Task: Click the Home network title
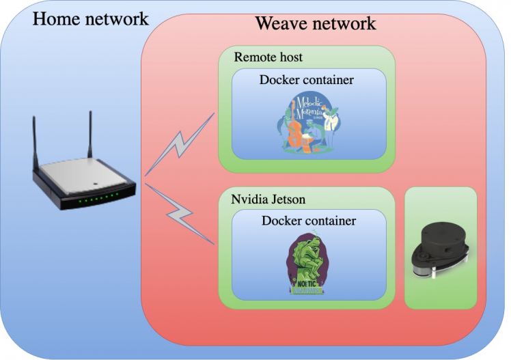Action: coord(91,18)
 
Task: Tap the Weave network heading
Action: coord(315,23)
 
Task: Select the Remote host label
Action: coord(268,57)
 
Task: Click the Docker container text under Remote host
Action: coord(307,80)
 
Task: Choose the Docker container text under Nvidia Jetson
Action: coord(309,221)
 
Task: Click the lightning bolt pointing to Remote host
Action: coord(180,145)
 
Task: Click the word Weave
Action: coord(280,23)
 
